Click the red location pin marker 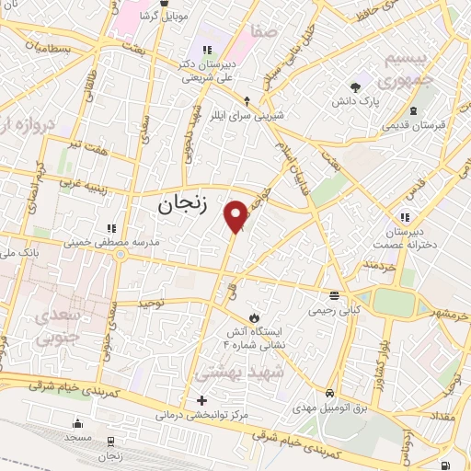click(236, 216)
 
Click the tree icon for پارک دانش click(355, 88)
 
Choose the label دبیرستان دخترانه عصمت click(404, 240)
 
